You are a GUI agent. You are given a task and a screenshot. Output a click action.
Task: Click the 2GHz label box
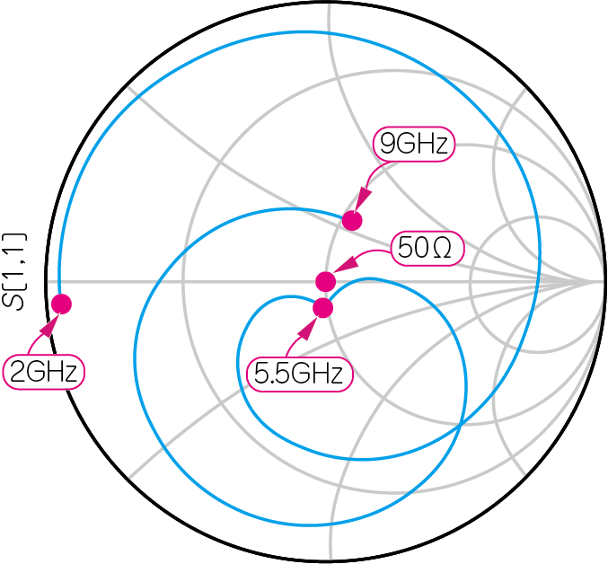pyautogui.click(x=45, y=372)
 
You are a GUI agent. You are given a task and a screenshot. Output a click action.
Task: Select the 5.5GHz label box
pyautogui.click(x=299, y=375)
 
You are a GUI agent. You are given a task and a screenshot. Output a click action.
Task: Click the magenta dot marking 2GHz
pyautogui.click(x=61, y=304)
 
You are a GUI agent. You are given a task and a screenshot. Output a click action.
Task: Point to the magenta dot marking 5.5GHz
pyautogui.click(x=323, y=308)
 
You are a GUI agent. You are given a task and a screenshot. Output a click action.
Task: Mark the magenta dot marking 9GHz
pyautogui.click(x=352, y=220)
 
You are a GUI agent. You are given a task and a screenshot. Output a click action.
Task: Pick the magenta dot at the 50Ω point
pyautogui.click(x=326, y=280)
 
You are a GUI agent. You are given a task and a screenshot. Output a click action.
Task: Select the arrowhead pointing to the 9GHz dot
pyautogui.click(x=364, y=199)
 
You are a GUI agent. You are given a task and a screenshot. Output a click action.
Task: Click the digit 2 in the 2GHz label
pyautogui.click(x=18, y=372)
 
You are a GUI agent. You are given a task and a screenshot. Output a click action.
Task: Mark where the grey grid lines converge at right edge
pyautogui.click(x=600, y=281)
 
